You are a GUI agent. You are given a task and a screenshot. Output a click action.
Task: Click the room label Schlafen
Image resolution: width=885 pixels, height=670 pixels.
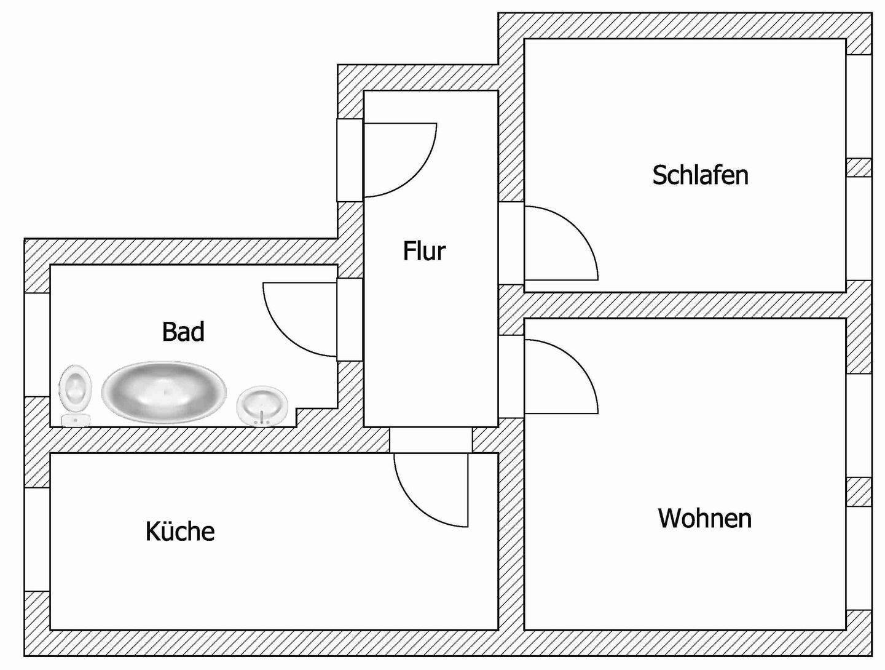click(701, 175)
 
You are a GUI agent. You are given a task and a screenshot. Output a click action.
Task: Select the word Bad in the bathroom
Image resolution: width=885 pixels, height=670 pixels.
click(183, 332)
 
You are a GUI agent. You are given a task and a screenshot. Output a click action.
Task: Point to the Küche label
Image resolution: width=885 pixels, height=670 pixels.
click(180, 531)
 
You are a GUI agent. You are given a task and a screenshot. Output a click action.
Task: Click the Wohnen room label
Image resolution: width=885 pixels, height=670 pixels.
click(705, 518)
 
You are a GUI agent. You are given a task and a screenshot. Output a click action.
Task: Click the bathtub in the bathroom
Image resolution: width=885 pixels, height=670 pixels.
click(163, 390)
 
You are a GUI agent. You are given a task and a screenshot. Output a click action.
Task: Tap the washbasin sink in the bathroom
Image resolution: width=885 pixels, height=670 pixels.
click(262, 405)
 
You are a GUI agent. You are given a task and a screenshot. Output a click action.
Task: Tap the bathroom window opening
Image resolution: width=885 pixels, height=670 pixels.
click(37, 345)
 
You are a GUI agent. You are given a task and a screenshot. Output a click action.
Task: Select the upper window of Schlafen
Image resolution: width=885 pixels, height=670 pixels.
click(859, 106)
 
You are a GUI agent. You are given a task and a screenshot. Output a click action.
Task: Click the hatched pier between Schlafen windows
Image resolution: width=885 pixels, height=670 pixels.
click(859, 167)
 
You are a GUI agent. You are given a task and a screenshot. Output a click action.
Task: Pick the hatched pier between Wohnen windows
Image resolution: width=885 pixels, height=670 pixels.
click(859, 492)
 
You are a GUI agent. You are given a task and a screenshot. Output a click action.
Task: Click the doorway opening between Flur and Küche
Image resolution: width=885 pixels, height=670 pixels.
click(431, 440)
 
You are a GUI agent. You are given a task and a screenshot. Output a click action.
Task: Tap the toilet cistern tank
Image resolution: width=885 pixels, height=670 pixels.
click(76, 420)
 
